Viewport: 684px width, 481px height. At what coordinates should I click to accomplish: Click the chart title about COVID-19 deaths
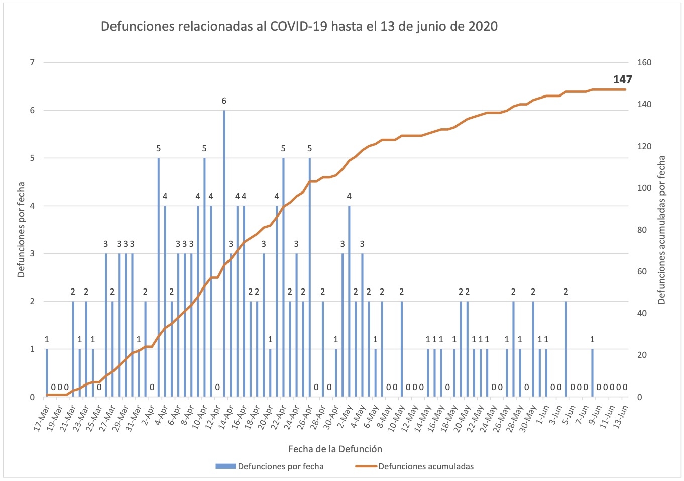point(299,26)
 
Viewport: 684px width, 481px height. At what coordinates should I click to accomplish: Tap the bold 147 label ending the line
point(622,79)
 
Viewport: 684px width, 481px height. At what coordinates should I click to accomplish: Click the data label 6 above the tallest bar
point(224,101)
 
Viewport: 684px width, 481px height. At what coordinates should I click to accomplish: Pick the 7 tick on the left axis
point(32,63)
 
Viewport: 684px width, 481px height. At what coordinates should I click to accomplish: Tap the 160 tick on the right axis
point(644,63)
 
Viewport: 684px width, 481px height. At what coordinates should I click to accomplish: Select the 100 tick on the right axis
point(644,188)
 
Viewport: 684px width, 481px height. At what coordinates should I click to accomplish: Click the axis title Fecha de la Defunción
point(335,449)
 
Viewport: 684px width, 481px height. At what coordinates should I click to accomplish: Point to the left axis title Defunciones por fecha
point(21,229)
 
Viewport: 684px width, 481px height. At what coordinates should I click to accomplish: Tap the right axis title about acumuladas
point(661,229)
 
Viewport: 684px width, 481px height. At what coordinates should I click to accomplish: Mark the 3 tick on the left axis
point(32,254)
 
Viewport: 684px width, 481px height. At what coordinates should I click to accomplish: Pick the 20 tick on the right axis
point(642,355)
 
